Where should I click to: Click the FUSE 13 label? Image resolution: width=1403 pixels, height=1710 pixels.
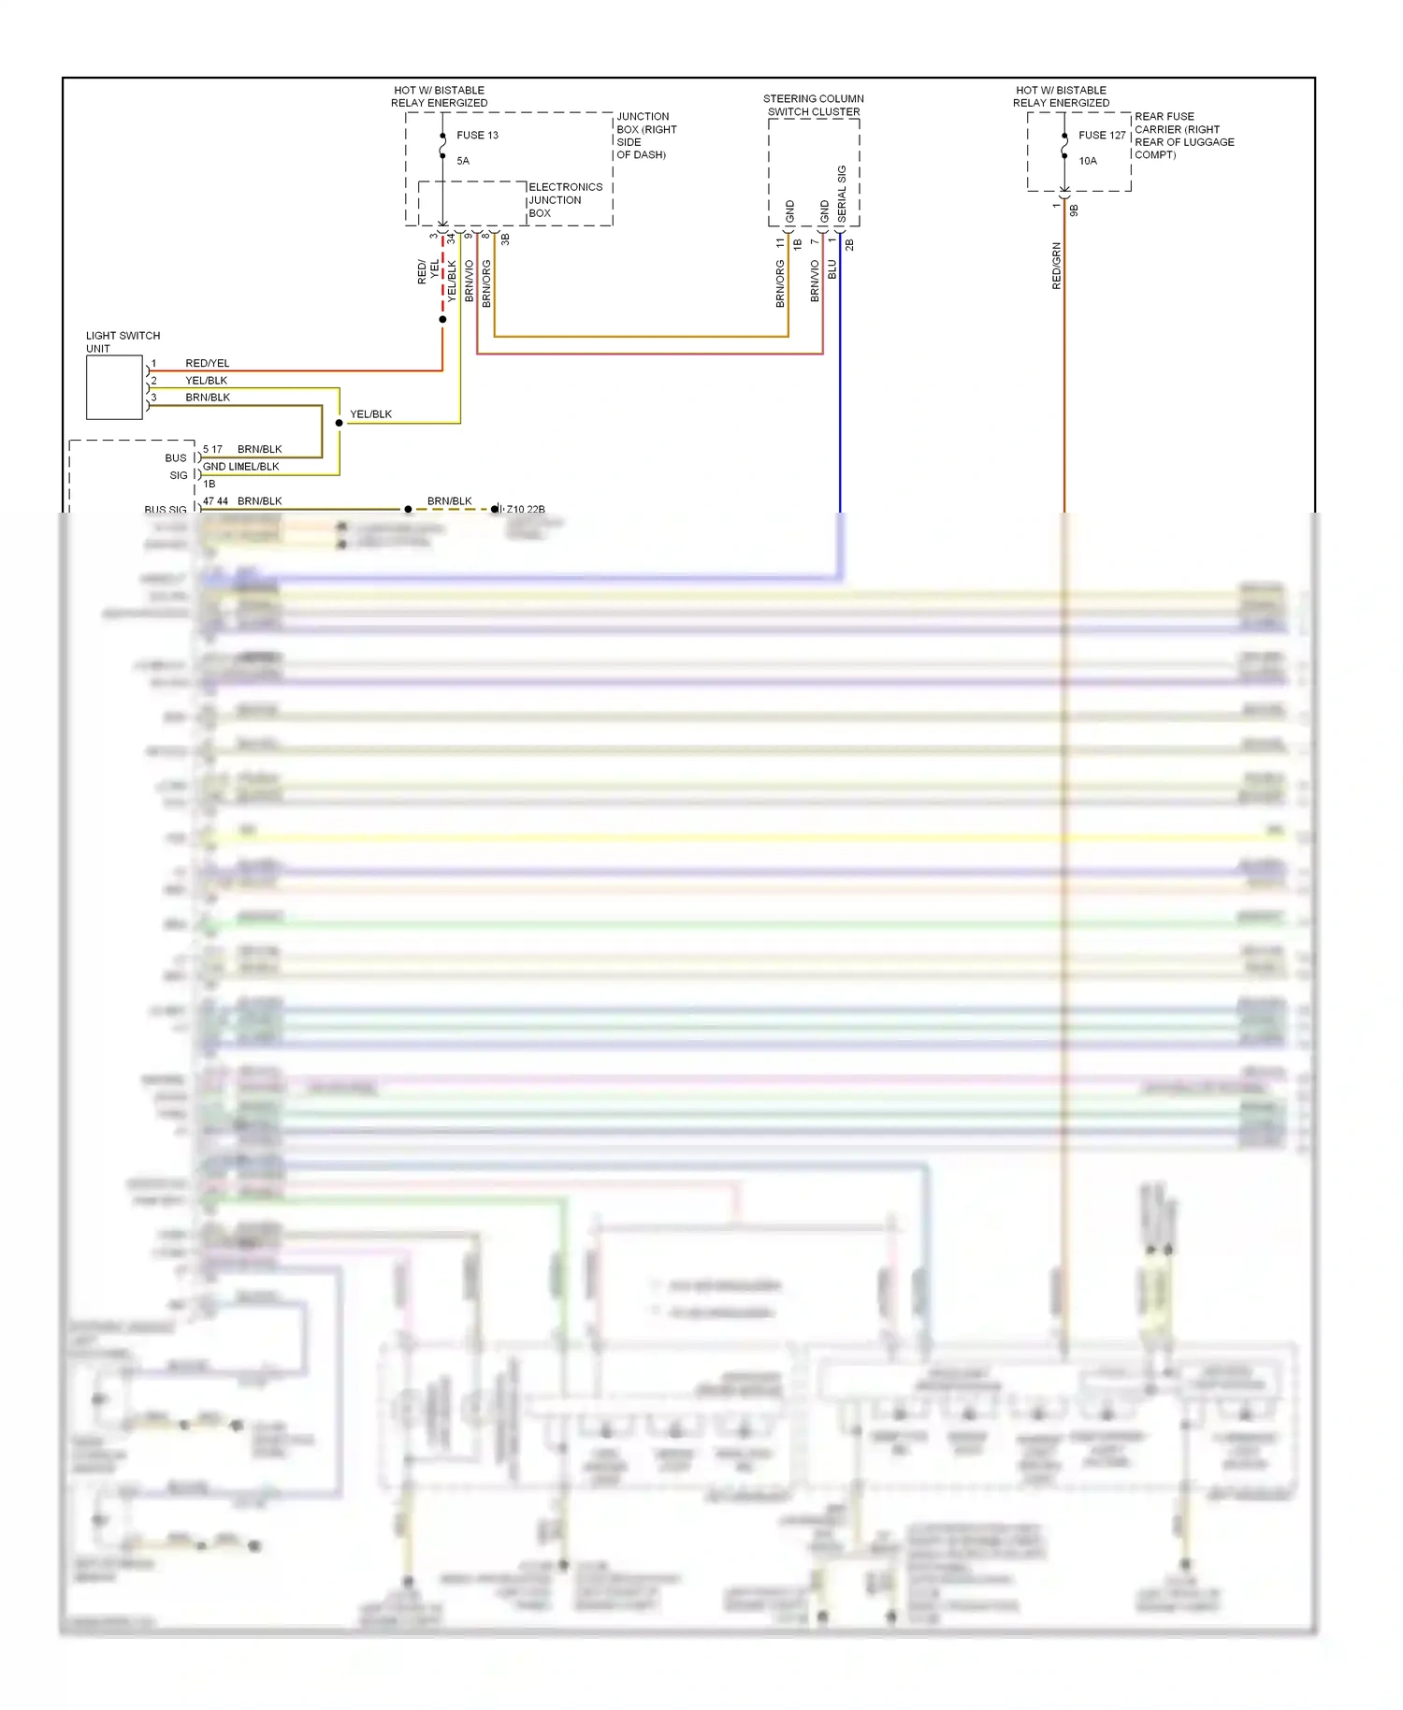pyautogui.click(x=477, y=136)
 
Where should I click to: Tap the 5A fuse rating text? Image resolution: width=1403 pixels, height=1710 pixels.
pyautogui.click(x=463, y=161)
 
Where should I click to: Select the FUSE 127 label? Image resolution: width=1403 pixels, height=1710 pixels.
pyautogui.click(x=1102, y=136)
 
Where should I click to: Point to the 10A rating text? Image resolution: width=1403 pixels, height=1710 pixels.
pyautogui.click(x=1088, y=161)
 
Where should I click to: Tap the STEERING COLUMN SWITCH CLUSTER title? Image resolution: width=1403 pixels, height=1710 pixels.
pyautogui.click(x=813, y=105)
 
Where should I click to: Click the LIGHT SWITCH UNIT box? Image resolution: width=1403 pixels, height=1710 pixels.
pyautogui.click(x=114, y=387)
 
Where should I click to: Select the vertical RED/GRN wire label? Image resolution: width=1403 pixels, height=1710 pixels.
pyautogui.click(x=1057, y=267)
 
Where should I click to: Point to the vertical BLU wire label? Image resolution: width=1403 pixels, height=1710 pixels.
pyautogui.click(x=832, y=270)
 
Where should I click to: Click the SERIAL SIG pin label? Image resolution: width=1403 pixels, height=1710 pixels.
pyautogui.click(x=842, y=194)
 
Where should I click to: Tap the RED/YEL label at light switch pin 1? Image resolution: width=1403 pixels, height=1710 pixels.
pyautogui.click(x=207, y=363)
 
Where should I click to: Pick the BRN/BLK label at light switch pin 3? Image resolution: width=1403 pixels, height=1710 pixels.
pyautogui.click(x=207, y=398)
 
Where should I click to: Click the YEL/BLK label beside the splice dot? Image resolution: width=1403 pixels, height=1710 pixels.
pyautogui.click(x=370, y=414)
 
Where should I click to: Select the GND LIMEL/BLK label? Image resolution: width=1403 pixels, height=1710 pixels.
pyautogui.click(x=240, y=467)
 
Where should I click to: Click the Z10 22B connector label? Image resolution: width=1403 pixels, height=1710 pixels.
pyautogui.click(x=526, y=510)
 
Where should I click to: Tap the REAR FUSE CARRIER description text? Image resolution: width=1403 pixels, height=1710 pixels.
pyautogui.click(x=1183, y=136)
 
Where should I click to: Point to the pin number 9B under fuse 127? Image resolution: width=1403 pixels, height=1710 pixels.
pyautogui.click(x=1074, y=210)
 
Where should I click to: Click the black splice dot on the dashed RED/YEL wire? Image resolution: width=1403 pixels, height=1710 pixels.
pyautogui.click(x=442, y=320)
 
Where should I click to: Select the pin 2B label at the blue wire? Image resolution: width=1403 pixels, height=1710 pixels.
pyautogui.click(x=849, y=244)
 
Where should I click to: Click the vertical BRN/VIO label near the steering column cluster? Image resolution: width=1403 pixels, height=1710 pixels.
pyautogui.click(x=815, y=281)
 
